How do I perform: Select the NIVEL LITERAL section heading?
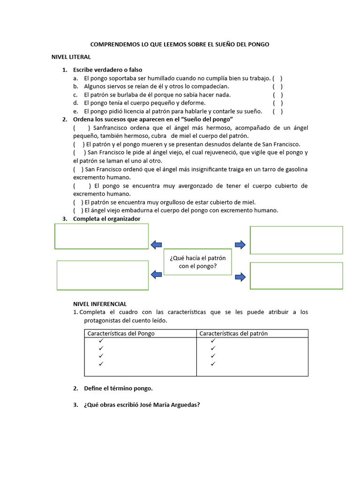71,57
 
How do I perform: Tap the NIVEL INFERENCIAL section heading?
100,304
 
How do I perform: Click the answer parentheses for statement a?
277,78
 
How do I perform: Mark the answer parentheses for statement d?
278,103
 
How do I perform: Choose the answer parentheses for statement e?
278,111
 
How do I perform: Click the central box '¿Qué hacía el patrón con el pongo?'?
198,262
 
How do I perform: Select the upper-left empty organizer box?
102,236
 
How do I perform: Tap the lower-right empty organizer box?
296,276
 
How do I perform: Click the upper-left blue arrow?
156,244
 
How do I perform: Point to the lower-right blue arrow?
240,277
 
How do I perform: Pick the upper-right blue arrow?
240,244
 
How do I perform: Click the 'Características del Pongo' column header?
121,333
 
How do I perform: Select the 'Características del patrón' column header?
233,333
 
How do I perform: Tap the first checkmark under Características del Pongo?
100,341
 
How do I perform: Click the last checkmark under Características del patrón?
213,363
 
